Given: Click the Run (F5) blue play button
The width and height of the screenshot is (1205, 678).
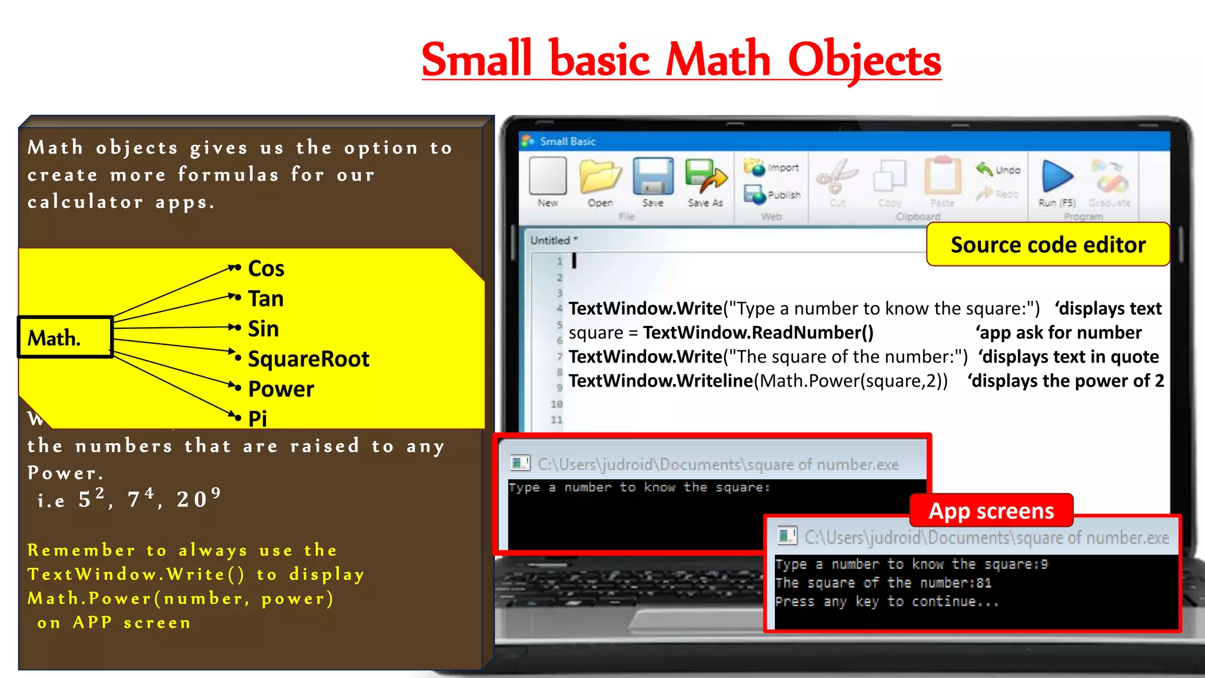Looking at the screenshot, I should (1057, 177).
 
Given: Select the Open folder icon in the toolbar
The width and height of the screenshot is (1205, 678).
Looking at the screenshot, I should (600, 177).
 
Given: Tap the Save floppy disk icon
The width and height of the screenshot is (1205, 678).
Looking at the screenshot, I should (653, 177).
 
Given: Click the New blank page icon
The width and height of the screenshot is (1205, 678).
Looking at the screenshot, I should (548, 176).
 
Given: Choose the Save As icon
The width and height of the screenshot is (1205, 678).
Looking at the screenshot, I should (705, 177).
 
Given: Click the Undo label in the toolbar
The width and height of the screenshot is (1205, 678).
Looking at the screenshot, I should (1008, 170).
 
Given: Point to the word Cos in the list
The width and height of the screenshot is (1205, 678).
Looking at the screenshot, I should (266, 269).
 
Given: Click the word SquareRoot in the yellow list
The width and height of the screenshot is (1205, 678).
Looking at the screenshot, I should (308, 359).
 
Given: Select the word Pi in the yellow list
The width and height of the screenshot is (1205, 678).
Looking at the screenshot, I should (257, 418).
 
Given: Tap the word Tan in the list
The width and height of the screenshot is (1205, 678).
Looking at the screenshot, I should (266, 299).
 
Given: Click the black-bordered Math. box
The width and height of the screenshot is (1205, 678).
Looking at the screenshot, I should (65, 338).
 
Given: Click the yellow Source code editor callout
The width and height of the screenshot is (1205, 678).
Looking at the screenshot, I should (1048, 245).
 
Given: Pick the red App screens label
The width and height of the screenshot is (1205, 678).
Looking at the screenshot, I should (991, 511).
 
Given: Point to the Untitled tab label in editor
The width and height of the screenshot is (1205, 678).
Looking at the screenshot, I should (551, 240).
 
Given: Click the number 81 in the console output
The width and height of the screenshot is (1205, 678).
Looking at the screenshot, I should (984, 583).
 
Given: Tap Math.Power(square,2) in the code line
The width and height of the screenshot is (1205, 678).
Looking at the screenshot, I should (853, 381).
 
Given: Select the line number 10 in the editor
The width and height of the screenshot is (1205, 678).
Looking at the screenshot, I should (557, 404).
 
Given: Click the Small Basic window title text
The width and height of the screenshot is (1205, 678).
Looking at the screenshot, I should (567, 142).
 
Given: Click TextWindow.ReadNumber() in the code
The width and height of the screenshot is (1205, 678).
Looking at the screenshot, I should (758, 333).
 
